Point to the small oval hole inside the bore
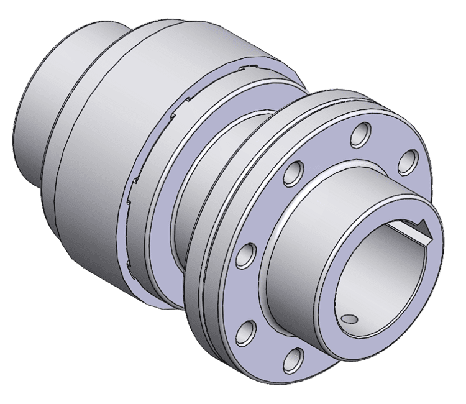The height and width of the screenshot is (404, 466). [350, 319]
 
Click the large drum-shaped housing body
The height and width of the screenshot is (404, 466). [93, 162]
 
